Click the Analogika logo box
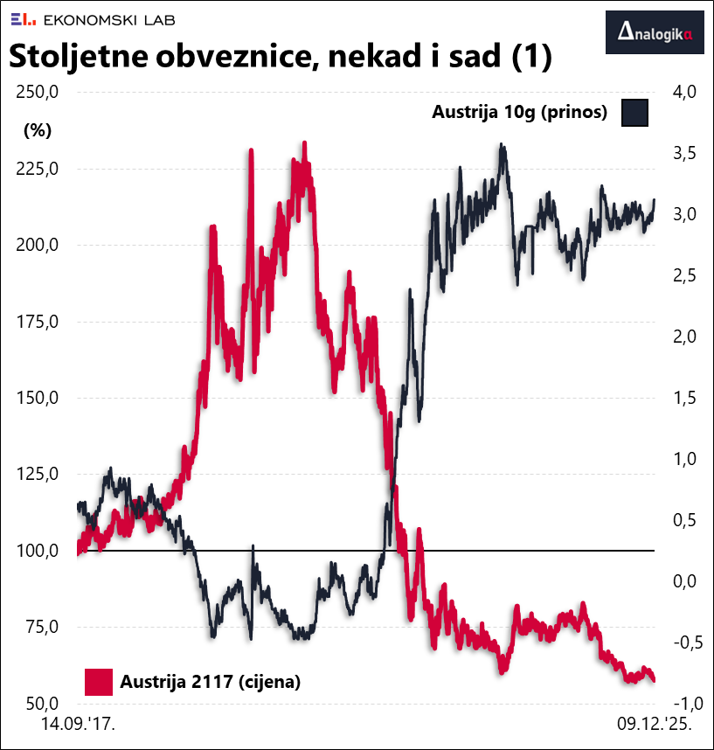click(x=655, y=33)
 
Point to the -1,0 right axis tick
click(x=681, y=704)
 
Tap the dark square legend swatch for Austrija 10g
click(x=634, y=113)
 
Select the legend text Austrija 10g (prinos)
click(x=520, y=113)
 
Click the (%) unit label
click(x=38, y=131)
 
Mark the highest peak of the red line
click(x=304, y=142)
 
